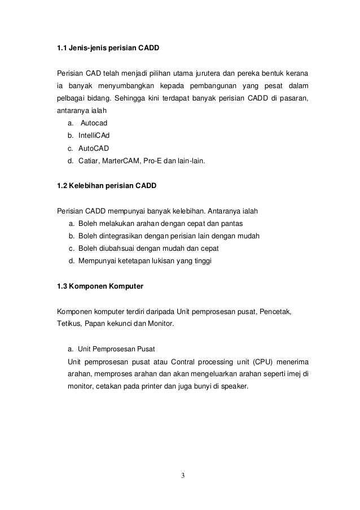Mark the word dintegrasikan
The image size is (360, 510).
click(x=121, y=236)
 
